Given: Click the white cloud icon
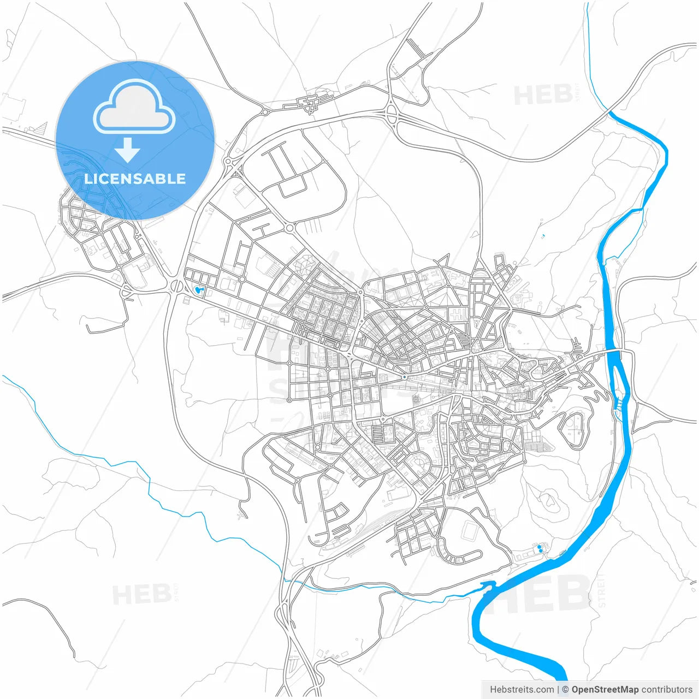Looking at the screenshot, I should click(134, 106).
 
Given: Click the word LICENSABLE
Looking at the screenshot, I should click(135, 179).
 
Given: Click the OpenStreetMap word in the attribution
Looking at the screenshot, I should click(605, 690).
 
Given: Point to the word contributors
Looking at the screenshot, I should click(666, 690).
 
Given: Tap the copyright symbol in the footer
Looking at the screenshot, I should click(565, 690).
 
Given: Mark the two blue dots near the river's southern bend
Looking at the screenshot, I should click(540, 548).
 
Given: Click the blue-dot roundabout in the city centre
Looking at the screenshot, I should click(404, 377).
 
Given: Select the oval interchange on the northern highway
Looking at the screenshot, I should click(392, 114).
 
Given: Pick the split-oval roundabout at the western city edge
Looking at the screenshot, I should click(177, 285).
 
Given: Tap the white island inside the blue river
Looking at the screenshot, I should click(619, 382).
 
